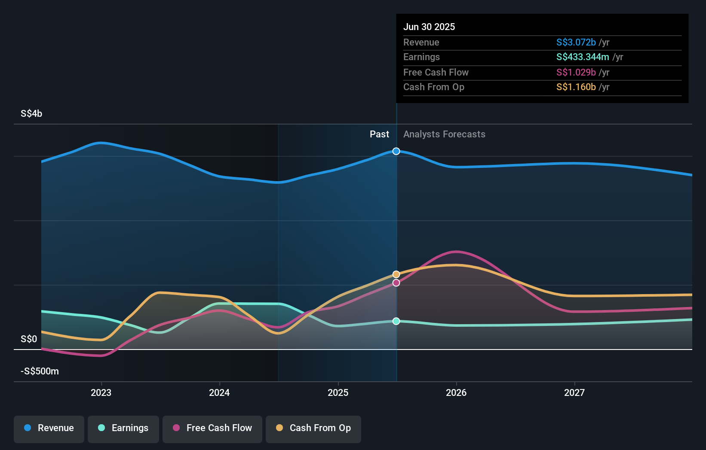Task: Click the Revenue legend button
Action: [x=49, y=428]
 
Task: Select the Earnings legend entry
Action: [x=123, y=428]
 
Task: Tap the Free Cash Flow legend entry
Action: [x=212, y=428]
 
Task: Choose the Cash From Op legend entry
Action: [x=313, y=428]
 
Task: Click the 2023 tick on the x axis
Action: [x=101, y=392]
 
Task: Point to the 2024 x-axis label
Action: [x=219, y=392]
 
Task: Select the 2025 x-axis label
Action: [x=338, y=392]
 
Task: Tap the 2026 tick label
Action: [x=456, y=392]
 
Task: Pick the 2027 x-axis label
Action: [x=574, y=392]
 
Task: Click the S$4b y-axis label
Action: [x=31, y=113]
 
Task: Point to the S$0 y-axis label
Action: [x=29, y=339]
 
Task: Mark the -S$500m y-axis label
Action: [x=40, y=371]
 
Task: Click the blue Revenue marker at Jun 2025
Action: [x=396, y=151]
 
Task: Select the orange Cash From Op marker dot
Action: [x=396, y=274]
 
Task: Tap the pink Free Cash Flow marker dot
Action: [x=396, y=283]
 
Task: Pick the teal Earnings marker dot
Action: [x=396, y=321]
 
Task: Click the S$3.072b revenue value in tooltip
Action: [x=576, y=42]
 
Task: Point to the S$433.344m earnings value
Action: [x=583, y=57]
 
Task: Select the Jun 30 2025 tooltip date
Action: [x=429, y=27]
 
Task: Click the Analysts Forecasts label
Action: [x=444, y=134]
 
